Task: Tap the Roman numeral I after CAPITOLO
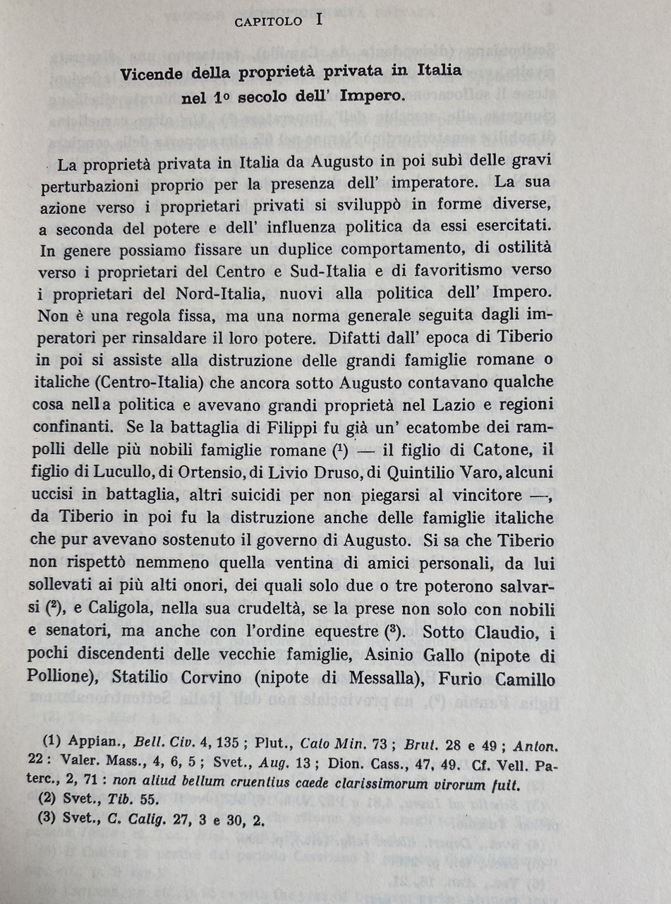319,20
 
